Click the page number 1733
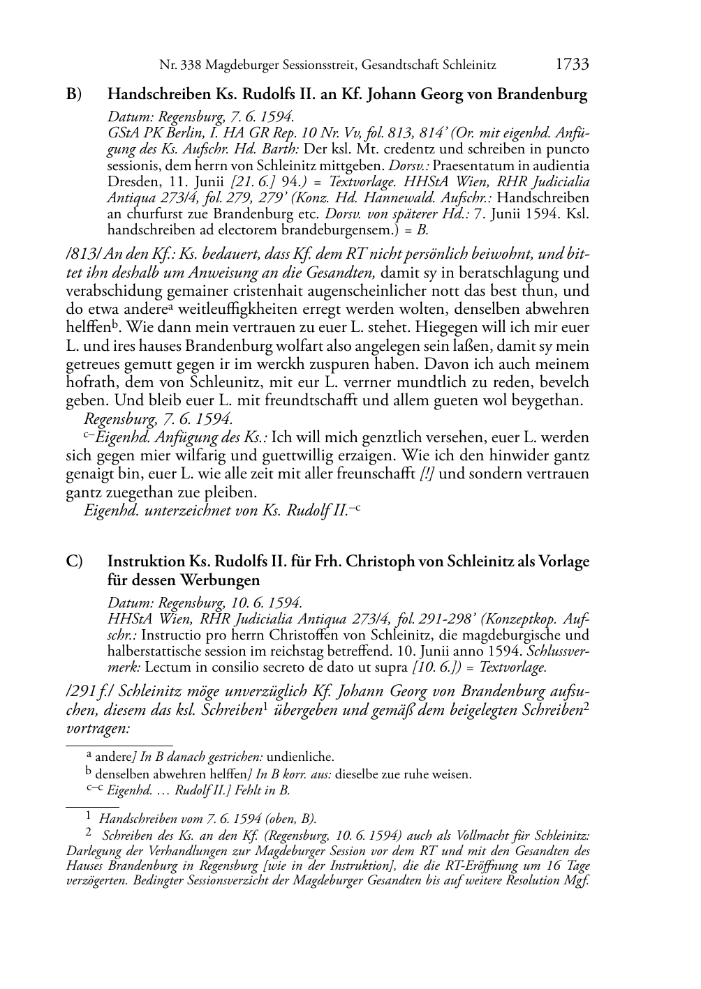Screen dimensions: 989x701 point(572,65)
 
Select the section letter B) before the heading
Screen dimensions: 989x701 point(74,93)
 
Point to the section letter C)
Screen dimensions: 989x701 point(74,561)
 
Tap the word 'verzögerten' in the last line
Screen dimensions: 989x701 point(95,879)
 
